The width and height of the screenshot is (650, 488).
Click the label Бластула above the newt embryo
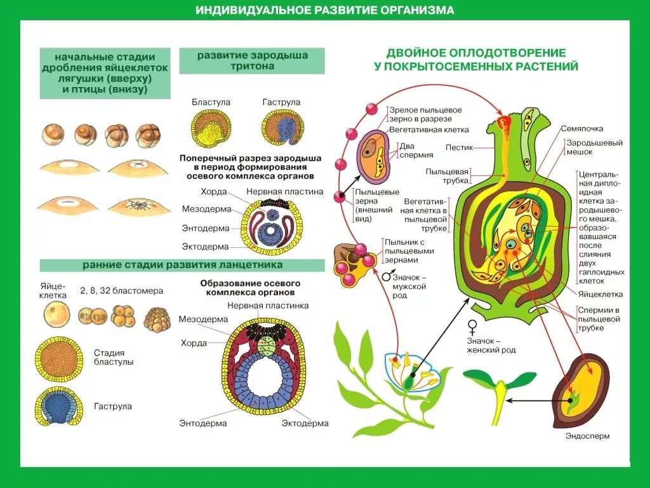point(211,102)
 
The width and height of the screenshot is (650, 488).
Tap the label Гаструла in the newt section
point(281,102)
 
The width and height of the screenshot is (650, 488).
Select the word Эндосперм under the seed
point(587,437)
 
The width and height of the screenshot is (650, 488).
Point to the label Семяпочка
point(581,128)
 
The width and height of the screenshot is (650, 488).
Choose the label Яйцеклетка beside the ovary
point(600,294)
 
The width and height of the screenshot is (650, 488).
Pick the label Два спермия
point(416,149)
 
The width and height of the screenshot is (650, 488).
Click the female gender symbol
point(472,327)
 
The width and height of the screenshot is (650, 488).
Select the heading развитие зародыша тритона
point(252,60)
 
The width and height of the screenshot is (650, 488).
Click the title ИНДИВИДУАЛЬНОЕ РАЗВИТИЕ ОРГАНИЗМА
point(324,11)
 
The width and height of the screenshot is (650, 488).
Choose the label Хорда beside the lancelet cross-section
point(194,343)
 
